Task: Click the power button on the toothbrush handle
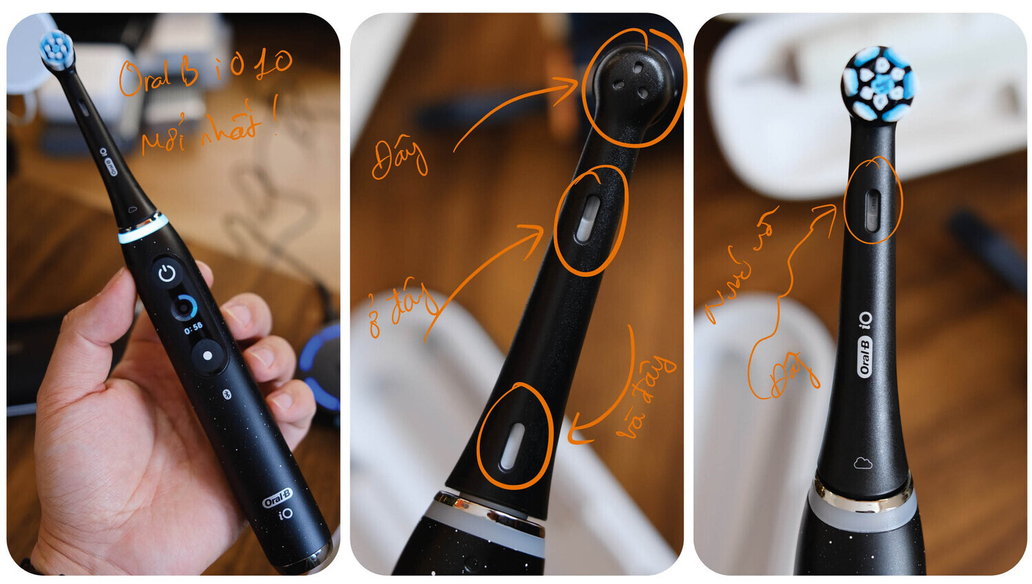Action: click(167, 274)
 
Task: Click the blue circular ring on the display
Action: click(184, 307)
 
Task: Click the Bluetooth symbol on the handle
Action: click(226, 393)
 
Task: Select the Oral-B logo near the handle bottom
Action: click(277, 498)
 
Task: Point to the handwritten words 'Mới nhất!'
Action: click(206, 131)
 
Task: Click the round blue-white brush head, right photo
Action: click(879, 84)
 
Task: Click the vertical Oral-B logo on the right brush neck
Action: click(865, 356)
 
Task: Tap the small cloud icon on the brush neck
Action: click(863, 463)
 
